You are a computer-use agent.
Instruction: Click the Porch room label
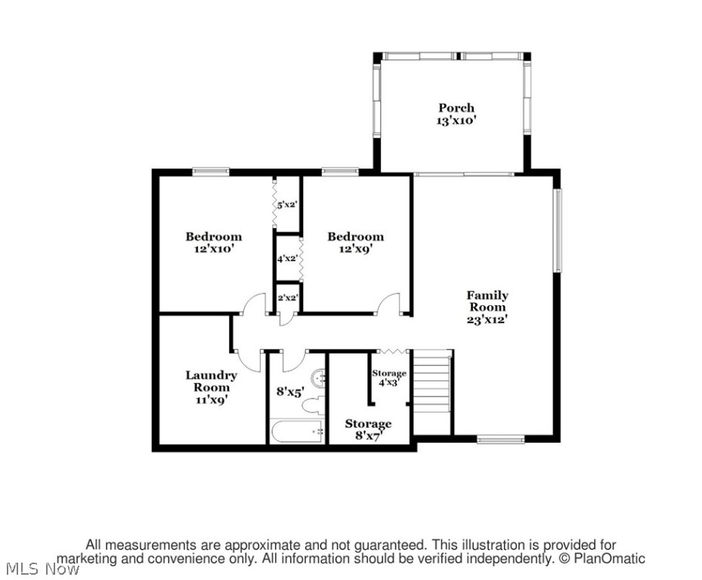click(456, 108)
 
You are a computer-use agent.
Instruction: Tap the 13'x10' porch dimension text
click(456, 121)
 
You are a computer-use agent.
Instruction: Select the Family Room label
click(487, 301)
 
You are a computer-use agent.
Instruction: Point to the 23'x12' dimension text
click(487, 319)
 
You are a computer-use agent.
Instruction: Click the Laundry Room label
click(211, 381)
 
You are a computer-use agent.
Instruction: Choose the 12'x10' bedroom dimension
click(214, 249)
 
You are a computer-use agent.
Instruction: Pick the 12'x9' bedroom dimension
click(355, 249)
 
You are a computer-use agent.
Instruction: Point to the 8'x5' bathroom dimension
click(289, 393)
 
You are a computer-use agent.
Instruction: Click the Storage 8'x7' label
click(368, 430)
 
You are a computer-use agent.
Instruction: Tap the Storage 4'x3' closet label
click(389, 378)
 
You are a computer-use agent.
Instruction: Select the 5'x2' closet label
click(286, 204)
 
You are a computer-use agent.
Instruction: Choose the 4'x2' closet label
click(286, 258)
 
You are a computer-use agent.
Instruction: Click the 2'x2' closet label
click(287, 298)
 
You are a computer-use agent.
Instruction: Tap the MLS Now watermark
click(41, 569)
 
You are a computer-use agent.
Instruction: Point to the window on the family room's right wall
click(558, 230)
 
